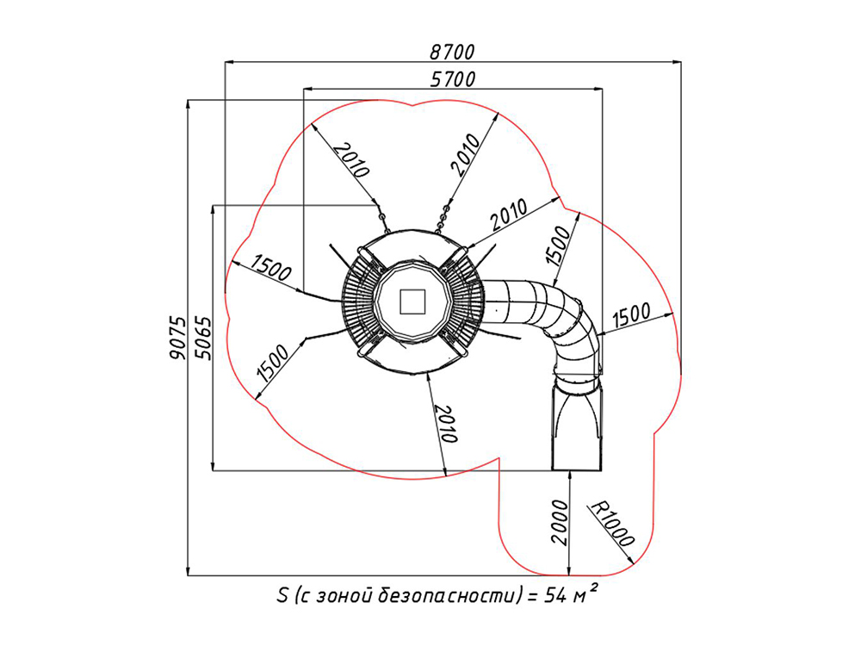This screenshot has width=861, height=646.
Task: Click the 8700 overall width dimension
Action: tap(452, 52)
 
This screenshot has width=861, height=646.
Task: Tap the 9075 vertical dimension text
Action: tap(177, 337)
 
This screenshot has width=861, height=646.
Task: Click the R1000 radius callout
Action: tap(612, 524)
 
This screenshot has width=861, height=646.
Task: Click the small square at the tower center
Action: tap(413, 301)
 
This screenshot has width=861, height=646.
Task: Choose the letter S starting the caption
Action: tap(282, 596)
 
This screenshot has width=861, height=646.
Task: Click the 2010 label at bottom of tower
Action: tap(444, 422)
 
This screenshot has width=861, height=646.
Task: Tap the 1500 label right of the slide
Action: tap(634, 319)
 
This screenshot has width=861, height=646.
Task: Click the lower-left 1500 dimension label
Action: tap(275, 363)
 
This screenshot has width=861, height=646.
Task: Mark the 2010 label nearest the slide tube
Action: tap(512, 210)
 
